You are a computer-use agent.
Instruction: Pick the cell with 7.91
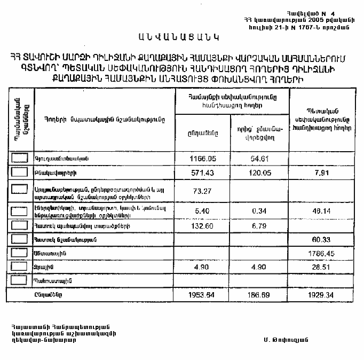pyautogui.click(x=322, y=173)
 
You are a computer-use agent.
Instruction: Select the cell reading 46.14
pyautogui.click(x=322, y=211)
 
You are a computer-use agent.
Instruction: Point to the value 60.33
pyautogui.click(x=322, y=240)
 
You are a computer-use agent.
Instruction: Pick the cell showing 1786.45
pyautogui.click(x=322, y=252)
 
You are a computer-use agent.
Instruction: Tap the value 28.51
pyautogui.click(x=322, y=266)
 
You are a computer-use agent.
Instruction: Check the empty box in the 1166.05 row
pyautogui.click(x=19, y=158)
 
